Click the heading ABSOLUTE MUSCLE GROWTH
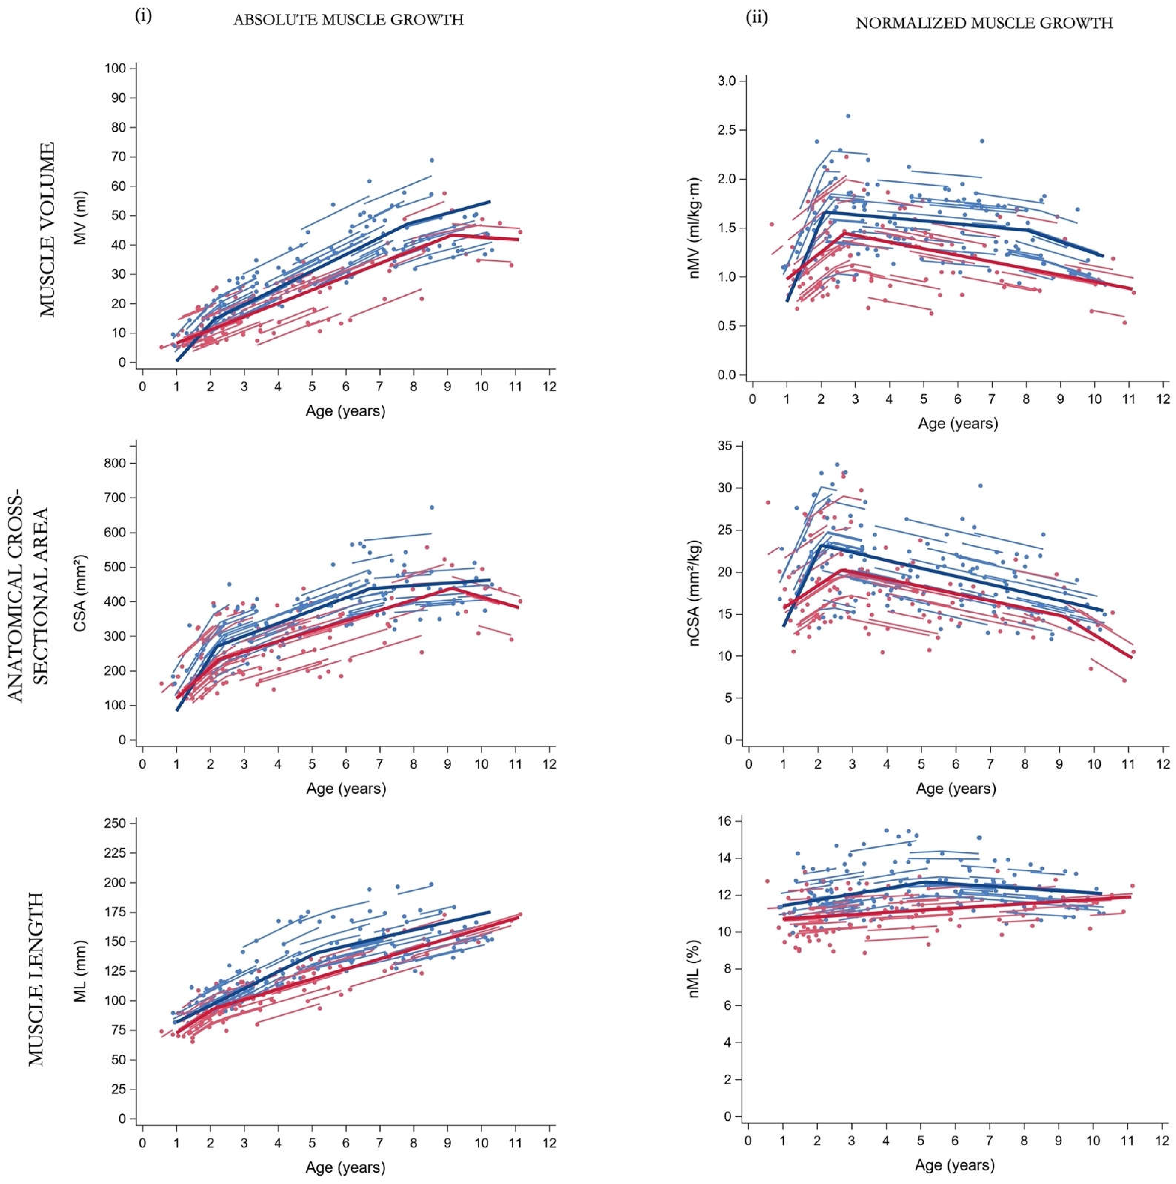pyautogui.click(x=348, y=20)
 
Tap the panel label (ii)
pyautogui.click(x=756, y=18)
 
